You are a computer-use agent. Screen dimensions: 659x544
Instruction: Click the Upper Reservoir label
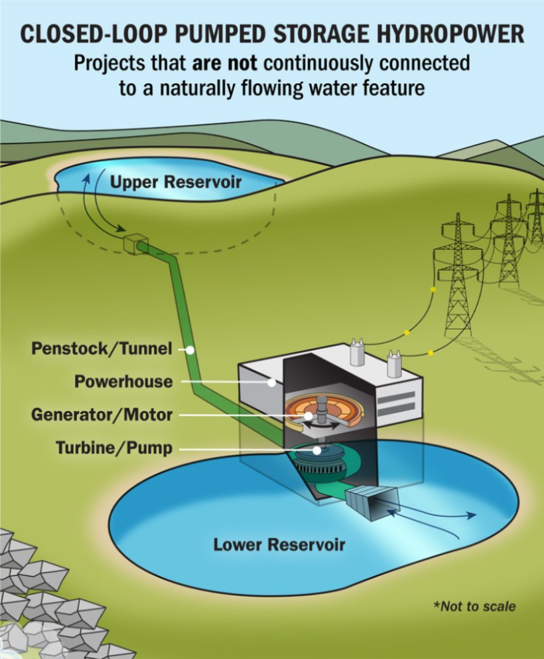(x=175, y=181)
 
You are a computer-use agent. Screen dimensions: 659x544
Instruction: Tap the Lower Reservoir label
(x=279, y=545)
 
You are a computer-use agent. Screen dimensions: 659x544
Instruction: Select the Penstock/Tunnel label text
(x=102, y=349)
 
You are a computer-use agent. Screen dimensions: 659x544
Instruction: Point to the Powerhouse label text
(x=123, y=382)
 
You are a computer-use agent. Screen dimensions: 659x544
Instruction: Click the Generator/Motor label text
(x=102, y=415)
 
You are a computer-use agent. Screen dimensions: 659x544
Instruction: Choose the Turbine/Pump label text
(x=114, y=448)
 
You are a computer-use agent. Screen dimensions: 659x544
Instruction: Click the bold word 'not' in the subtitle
(x=215, y=64)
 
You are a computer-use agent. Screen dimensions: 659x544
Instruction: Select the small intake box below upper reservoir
(x=135, y=244)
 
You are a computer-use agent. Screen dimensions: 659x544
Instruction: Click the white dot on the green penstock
(x=190, y=349)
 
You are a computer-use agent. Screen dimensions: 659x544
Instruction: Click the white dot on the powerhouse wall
(x=271, y=383)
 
